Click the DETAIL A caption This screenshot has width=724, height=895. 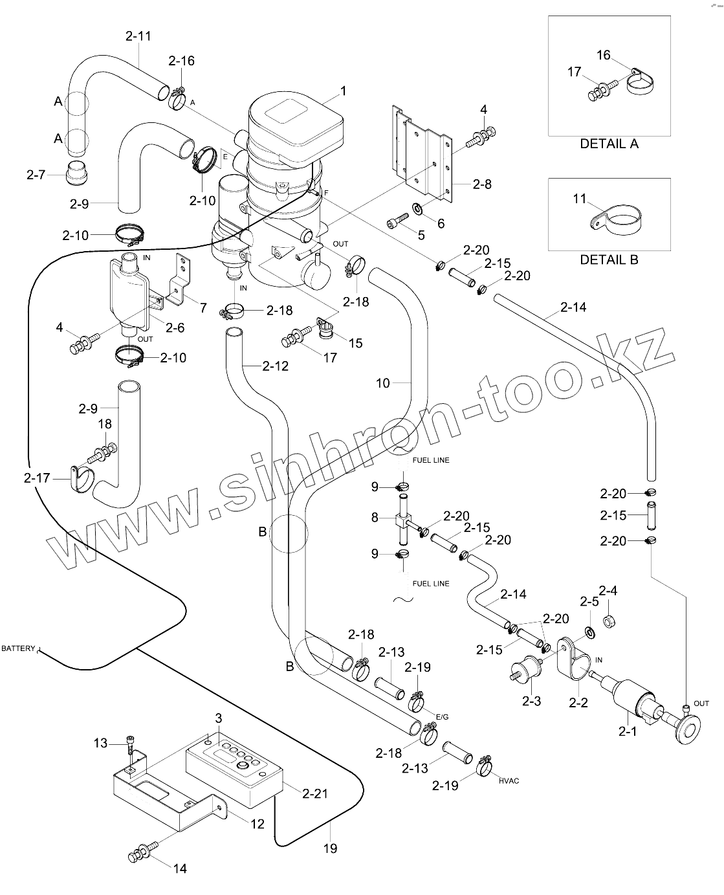coord(609,144)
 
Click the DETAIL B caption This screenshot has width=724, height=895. coord(609,260)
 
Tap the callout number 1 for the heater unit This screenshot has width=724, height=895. coord(344,91)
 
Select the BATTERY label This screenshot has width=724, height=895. coord(18,648)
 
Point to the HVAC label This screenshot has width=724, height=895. coord(509,781)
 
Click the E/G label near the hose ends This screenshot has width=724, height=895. coord(442,717)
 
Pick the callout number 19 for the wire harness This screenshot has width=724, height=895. coord(330,848)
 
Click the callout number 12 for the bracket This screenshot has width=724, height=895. coord(258,824)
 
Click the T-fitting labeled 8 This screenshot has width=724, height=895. coord(402,520)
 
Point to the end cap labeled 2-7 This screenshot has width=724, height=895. coord(78,173)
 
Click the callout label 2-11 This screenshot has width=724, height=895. coord(138,36)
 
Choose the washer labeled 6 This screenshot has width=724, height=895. coord(418,209)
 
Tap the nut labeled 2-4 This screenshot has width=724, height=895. coord(608,622)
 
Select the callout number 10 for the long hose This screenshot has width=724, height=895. coord(383,383)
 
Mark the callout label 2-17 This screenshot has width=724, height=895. coord(37,478)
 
